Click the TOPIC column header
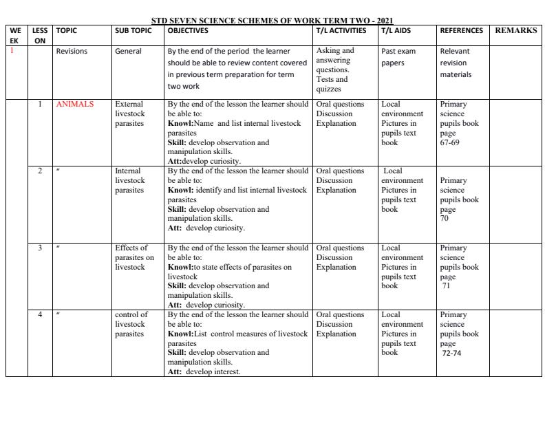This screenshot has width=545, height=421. (66, 31)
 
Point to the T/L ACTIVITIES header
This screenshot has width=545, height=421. (341, 31)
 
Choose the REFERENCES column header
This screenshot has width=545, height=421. (461, 31)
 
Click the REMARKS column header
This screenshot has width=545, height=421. (515, 31)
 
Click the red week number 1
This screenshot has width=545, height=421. (12, 50)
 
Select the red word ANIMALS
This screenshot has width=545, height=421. (74, 105)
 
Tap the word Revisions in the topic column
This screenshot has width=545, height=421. (72, 51)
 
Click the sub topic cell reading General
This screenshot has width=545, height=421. (128, 51)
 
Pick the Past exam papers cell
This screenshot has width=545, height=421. (398, 57)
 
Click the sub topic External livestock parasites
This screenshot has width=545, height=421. (130, 114)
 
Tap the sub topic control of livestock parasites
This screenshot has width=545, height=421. (131, 324)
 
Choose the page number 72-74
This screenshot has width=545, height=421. (453, 353)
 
